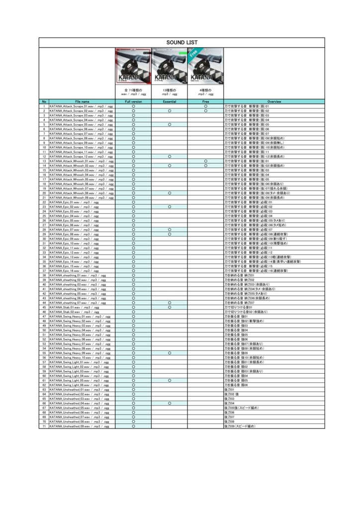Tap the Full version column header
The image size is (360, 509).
pos(133,101)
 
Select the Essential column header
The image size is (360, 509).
pos(170,101)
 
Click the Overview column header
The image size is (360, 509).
pos(274,101)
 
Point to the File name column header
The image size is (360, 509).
pos(82,101)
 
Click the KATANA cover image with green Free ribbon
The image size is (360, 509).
pos(205,66)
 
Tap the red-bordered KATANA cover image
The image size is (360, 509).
pos(133,66)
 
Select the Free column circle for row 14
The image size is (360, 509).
pos(205,166)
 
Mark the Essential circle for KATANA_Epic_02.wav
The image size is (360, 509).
pos(170,207)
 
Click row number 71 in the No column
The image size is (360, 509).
pos(44,426)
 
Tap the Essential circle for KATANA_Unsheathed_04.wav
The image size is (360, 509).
pos(170,404)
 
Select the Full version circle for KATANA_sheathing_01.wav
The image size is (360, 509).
pos(133,275)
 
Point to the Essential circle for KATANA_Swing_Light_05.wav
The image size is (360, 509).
pos(170,380)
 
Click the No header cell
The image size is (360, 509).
pos(44,101)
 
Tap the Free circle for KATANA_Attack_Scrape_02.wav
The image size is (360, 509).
pos(205,111)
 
